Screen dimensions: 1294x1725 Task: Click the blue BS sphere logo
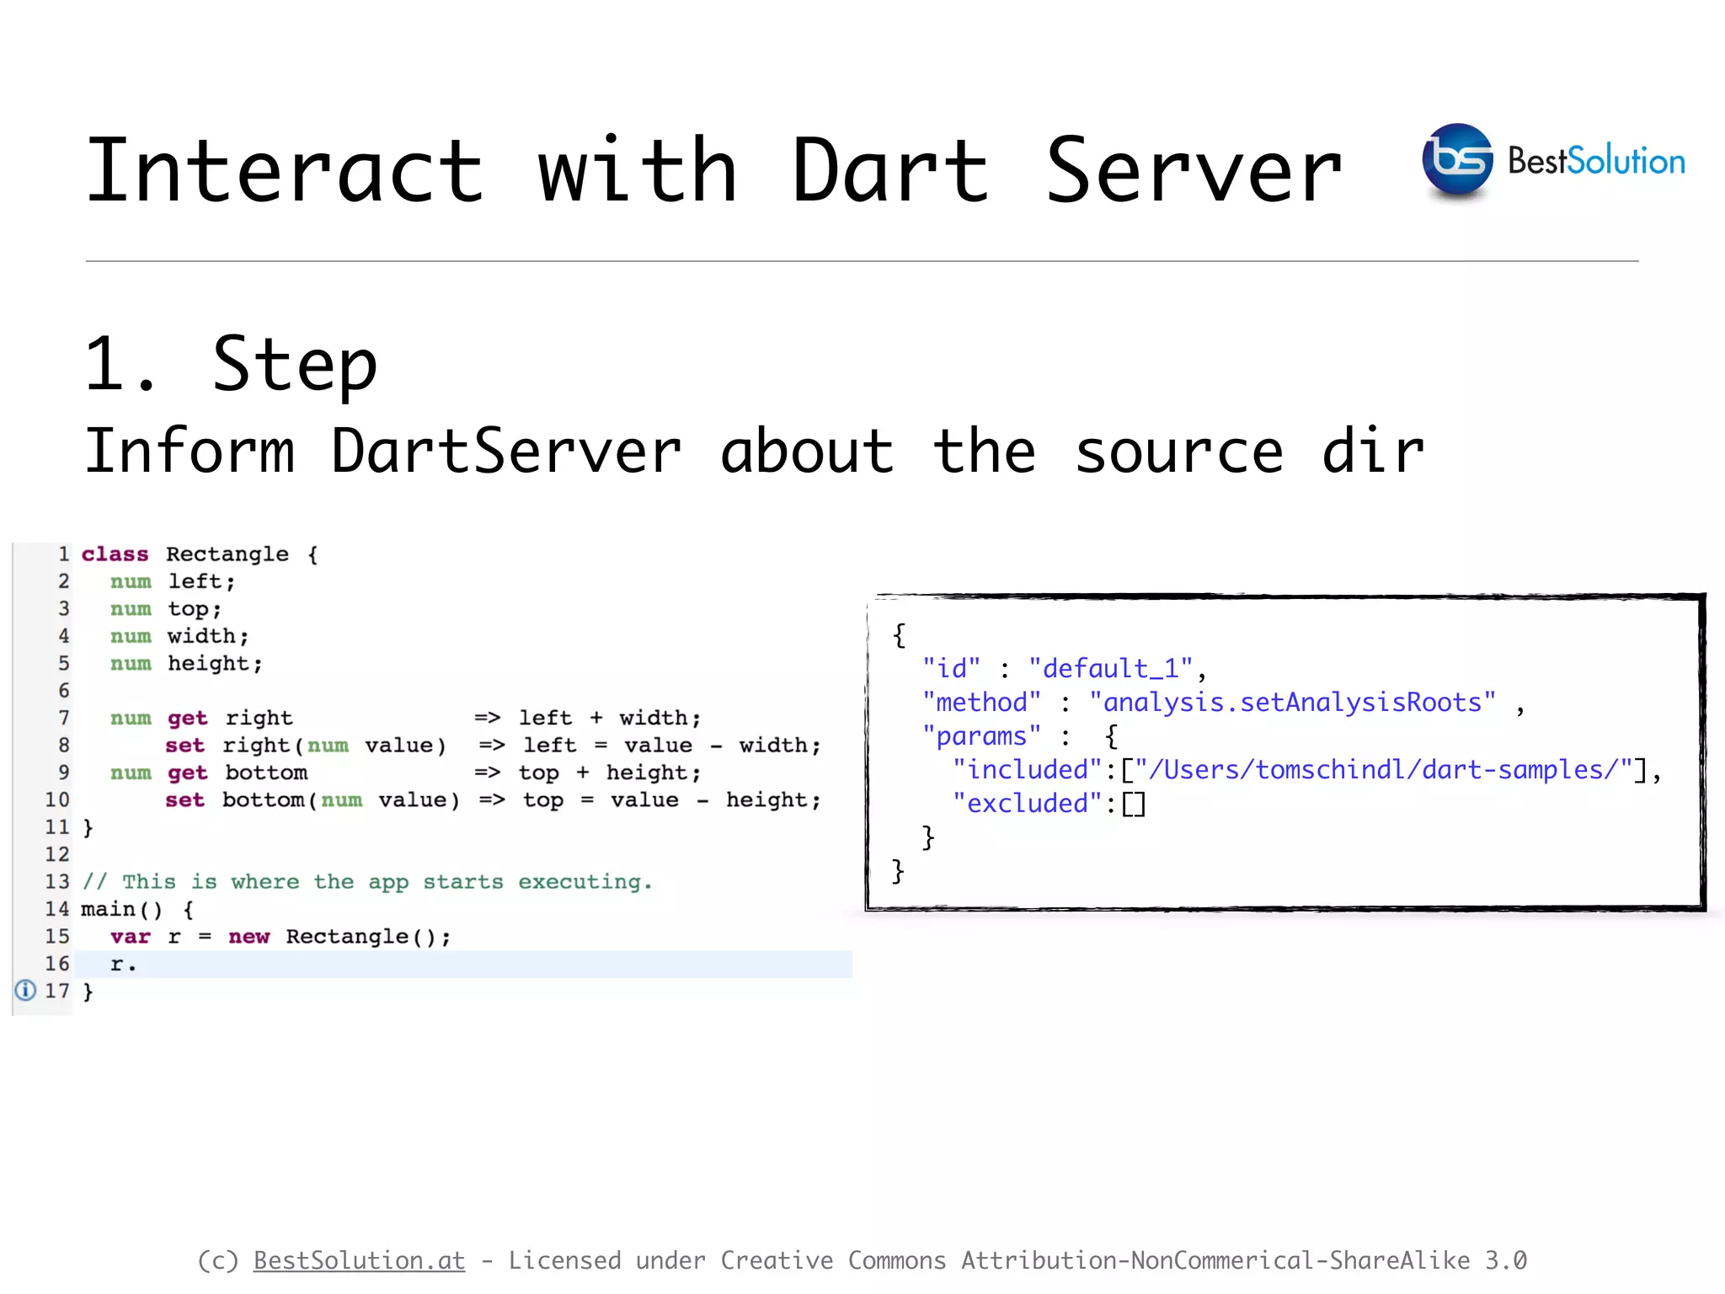pos(1457,160)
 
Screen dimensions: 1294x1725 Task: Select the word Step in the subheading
pos(294,366)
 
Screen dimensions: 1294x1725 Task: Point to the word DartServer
pos(505,451)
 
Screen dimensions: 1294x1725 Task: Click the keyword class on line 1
pos(115,554)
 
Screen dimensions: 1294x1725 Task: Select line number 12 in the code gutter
pos(57,854)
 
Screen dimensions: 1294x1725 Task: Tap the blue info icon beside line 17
pos(26,991)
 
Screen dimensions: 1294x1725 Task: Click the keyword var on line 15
pos(130,937)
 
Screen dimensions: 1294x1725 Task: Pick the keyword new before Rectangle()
pos(248,937)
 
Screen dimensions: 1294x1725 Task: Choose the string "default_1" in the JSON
pos(1110,669)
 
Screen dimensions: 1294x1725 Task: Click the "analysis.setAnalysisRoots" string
pos(1292,703)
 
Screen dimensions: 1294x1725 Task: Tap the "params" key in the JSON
pos(981,736)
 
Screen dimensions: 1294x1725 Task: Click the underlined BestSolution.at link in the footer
pos(359,1260)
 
